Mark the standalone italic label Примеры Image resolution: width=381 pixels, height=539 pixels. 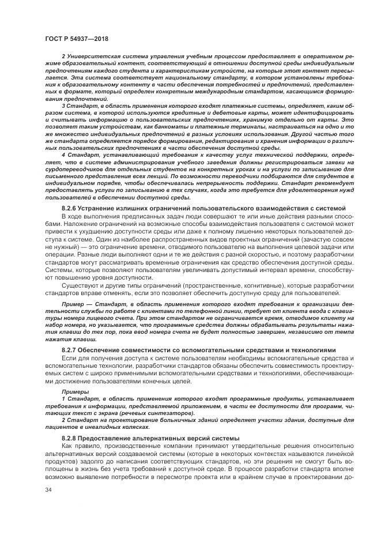pyautogui.click(x=72, y=391)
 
